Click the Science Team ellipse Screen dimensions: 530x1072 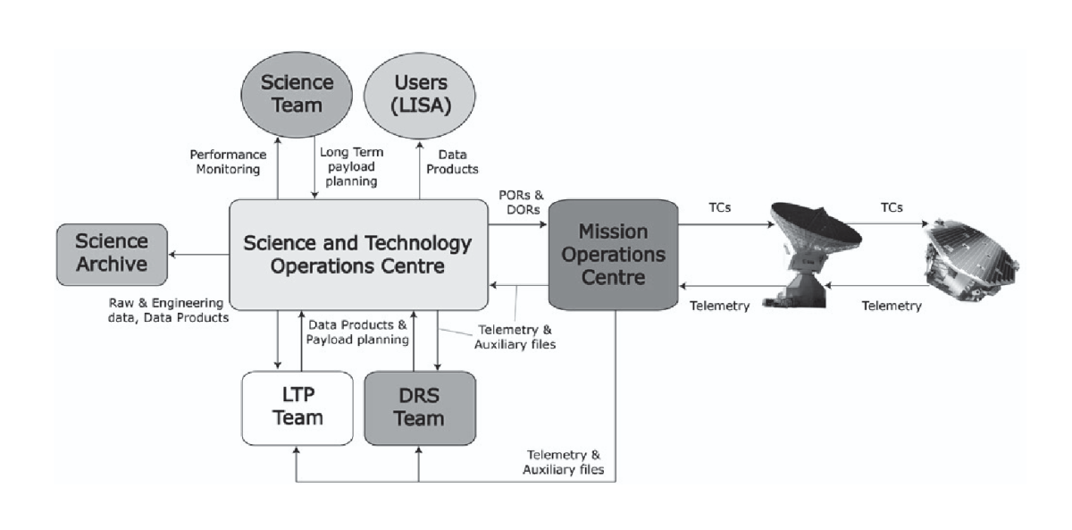[x=297, y=95]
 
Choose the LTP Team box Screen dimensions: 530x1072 [x=297, y=407]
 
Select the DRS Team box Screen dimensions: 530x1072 [x=419, y=407]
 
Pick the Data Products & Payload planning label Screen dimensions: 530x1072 [x=356, y=332]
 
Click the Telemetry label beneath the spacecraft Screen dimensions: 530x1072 [x=890, y=306]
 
